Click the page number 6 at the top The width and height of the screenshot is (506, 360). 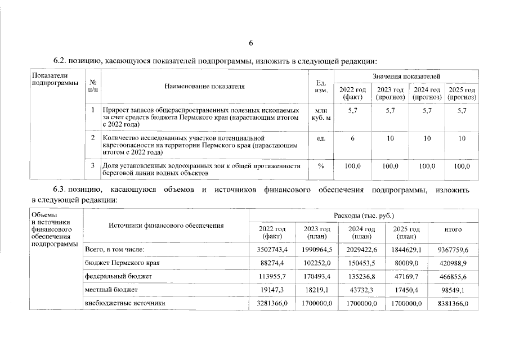pos(252,43)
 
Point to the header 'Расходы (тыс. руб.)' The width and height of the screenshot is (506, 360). pos(364,215)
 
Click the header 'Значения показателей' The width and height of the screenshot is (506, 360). pos(406,75)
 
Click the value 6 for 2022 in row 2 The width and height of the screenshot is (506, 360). pos(353,138)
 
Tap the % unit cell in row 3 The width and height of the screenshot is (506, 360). pos(321,166)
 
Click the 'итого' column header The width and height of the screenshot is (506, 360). pos(453,229)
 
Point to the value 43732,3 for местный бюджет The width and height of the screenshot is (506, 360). pos(362,290)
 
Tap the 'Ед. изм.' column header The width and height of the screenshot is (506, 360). pos(321,87)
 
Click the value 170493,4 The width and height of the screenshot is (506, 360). pos(317,276)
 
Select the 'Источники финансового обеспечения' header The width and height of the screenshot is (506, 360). pos(166,226)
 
